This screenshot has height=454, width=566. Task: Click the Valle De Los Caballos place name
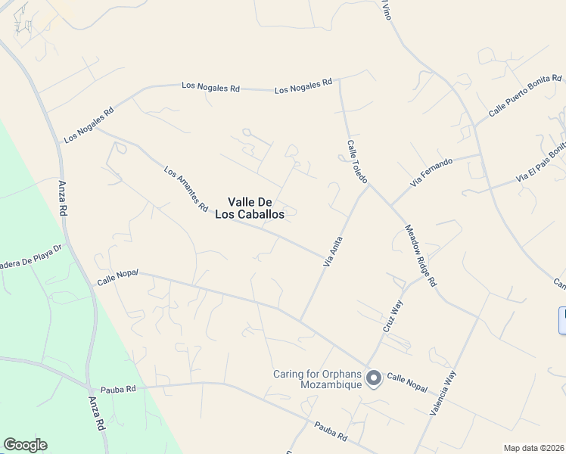[x=256, y=208]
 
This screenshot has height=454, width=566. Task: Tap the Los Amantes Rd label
[x=186, y=188]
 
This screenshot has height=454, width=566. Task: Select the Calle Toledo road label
[x=357, y=161]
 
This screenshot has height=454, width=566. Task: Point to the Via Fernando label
[x=431, y=172]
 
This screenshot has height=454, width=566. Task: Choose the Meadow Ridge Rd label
[x=421, y=255]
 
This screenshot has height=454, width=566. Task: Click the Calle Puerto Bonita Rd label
[x=525, y=95]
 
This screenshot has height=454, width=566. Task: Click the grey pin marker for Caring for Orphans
[x=373, y=378]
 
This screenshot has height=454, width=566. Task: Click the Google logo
[x=25, y=445]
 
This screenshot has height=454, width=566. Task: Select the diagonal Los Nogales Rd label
[x=89, y=125]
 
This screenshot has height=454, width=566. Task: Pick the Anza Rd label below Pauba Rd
[x=95, y=414]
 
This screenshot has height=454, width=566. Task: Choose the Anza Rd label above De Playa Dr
[x=63, y=198]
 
